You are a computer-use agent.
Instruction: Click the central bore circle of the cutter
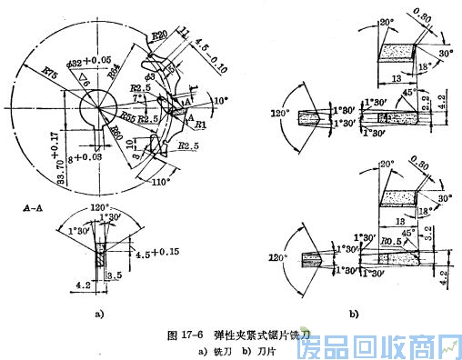click(x=95, y=112)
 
